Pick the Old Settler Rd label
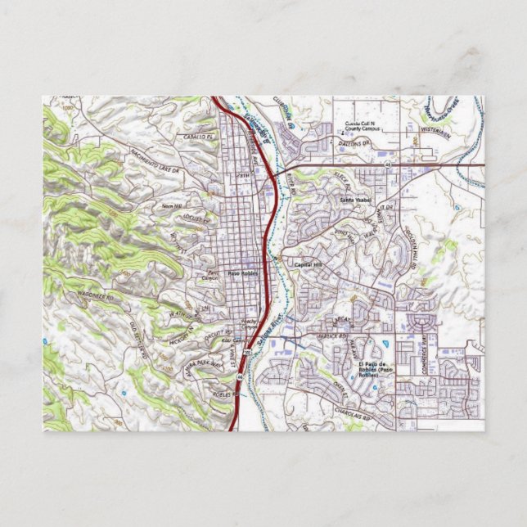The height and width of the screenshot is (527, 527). (136, 340)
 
